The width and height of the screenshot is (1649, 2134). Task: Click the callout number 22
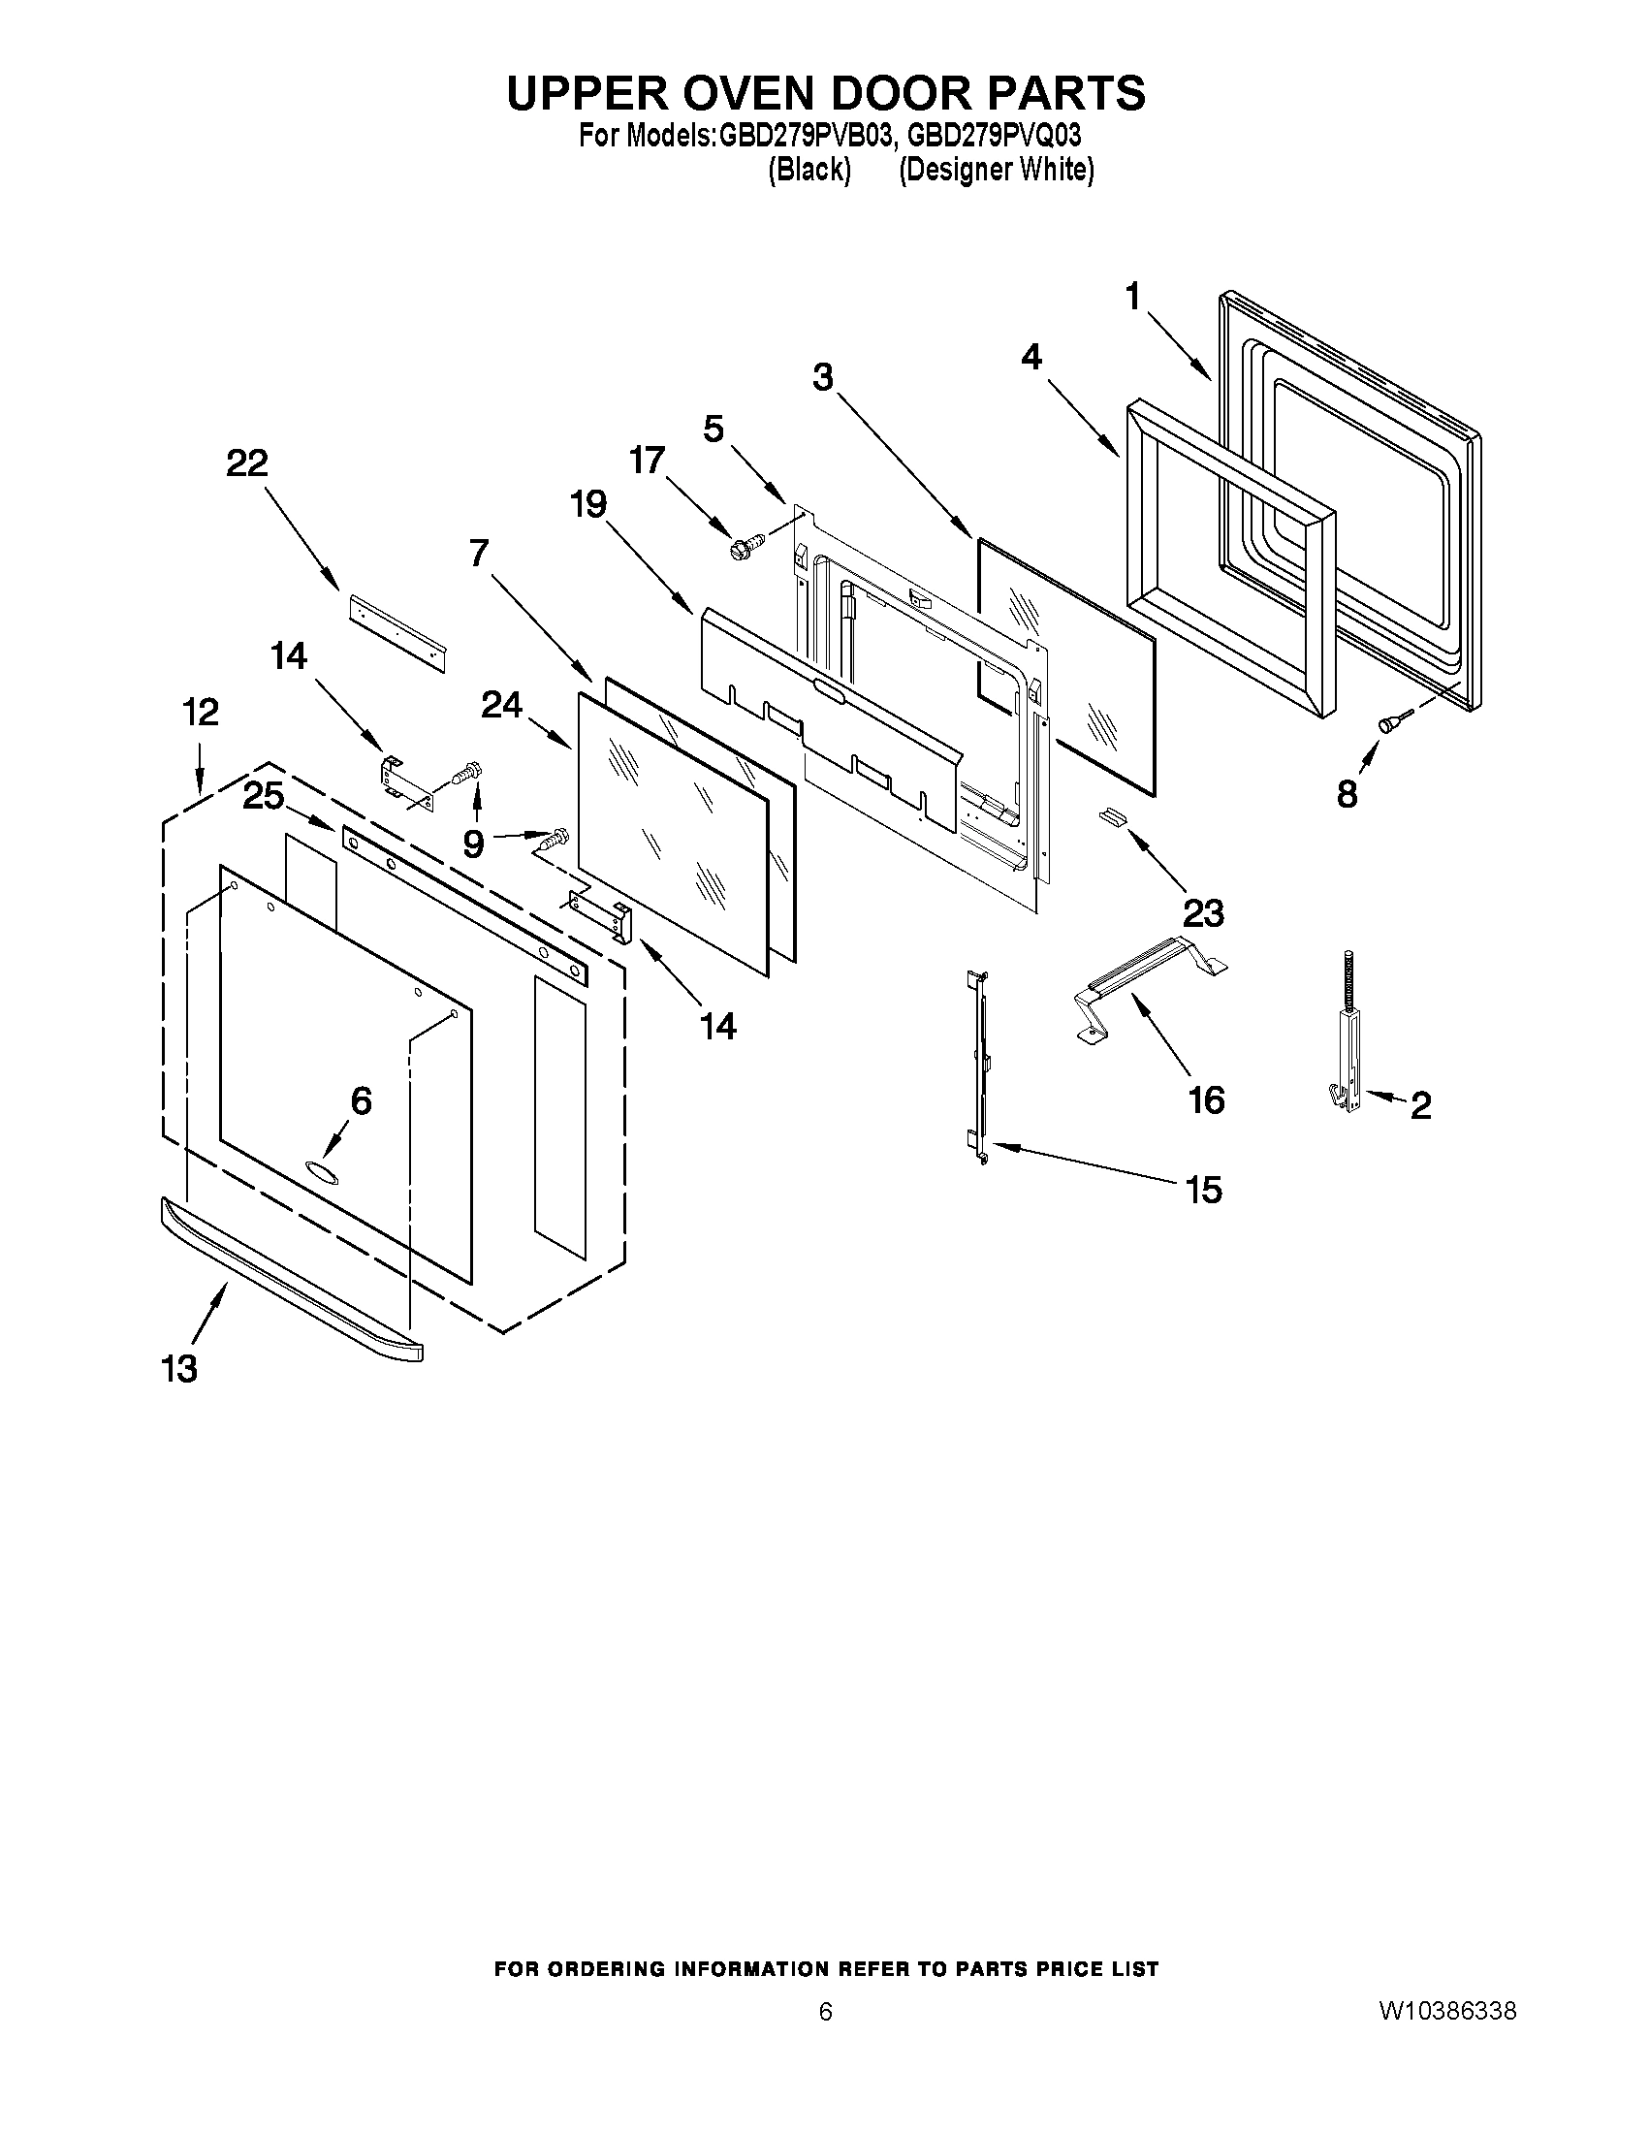click(x=246, y=463)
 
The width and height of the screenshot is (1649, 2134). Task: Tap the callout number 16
click(x=1206, y=1100)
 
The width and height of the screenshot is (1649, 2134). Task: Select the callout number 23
click(x=1202, y=913)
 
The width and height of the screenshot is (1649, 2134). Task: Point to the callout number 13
click(x=180, y=1369)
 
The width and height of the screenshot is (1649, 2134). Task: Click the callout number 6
click(x=361, y=1101)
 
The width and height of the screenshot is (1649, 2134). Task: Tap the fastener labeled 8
click(x=1389, y=723)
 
